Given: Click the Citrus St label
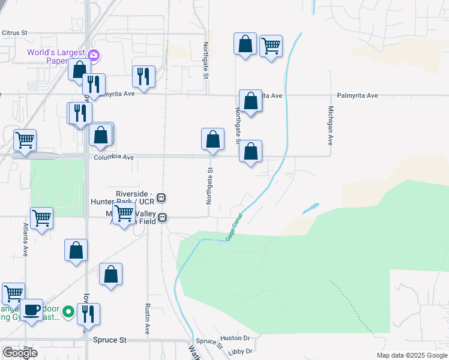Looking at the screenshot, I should [x=15, y=32].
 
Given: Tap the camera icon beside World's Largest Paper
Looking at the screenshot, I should [x=94, y=56].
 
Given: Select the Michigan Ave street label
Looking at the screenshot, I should [x=330, y=126].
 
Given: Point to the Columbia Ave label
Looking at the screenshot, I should [x=113, y=158].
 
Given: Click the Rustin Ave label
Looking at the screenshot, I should [x=147, y=319].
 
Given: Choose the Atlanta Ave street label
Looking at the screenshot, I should [x=26, y=240].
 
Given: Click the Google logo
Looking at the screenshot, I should [x=20, y=353].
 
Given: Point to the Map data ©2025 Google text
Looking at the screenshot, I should [x=411, y=355].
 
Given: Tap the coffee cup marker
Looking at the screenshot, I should [x=32, y=310].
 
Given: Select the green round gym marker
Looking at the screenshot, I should [x=68, y=311].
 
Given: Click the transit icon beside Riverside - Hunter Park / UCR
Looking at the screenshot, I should [x=161, y=197].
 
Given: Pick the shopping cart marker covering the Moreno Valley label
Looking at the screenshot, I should [x=124, y=213].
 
